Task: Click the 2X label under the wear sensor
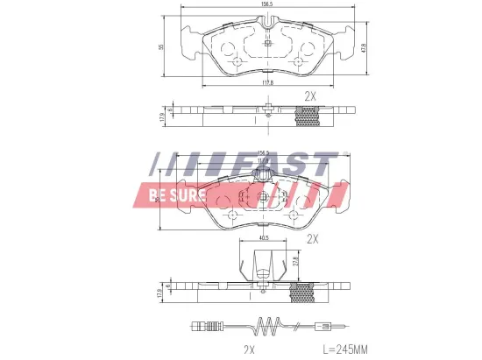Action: [x=248, y=349]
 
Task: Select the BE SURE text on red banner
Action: [x=174, y=194]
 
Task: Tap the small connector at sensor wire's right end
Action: [x=323, y=329]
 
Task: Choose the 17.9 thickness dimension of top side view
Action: [x=161, y=116]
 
